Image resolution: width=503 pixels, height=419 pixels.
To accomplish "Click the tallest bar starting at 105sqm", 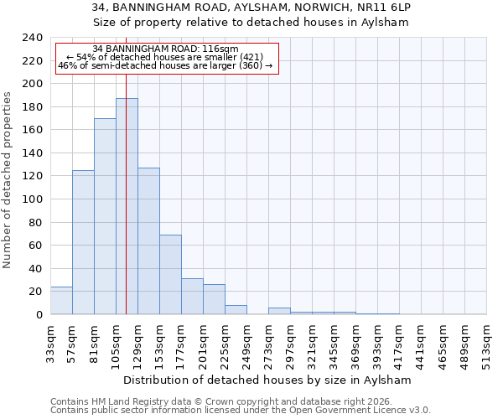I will click(127, 206).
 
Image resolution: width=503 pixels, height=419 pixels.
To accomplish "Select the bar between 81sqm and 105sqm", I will click(105, 216).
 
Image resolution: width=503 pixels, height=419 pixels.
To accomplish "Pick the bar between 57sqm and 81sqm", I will click(83, 242).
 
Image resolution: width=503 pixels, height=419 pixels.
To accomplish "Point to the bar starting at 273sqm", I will click(279, 311).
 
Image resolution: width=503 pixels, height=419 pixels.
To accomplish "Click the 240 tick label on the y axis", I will click(32, 38).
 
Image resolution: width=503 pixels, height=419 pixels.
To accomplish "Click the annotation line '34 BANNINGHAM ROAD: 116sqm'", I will click(166, 49).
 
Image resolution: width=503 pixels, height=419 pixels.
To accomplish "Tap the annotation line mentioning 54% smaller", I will click(166, 57).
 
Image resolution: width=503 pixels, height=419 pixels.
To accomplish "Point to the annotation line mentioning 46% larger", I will click(166, 65).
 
